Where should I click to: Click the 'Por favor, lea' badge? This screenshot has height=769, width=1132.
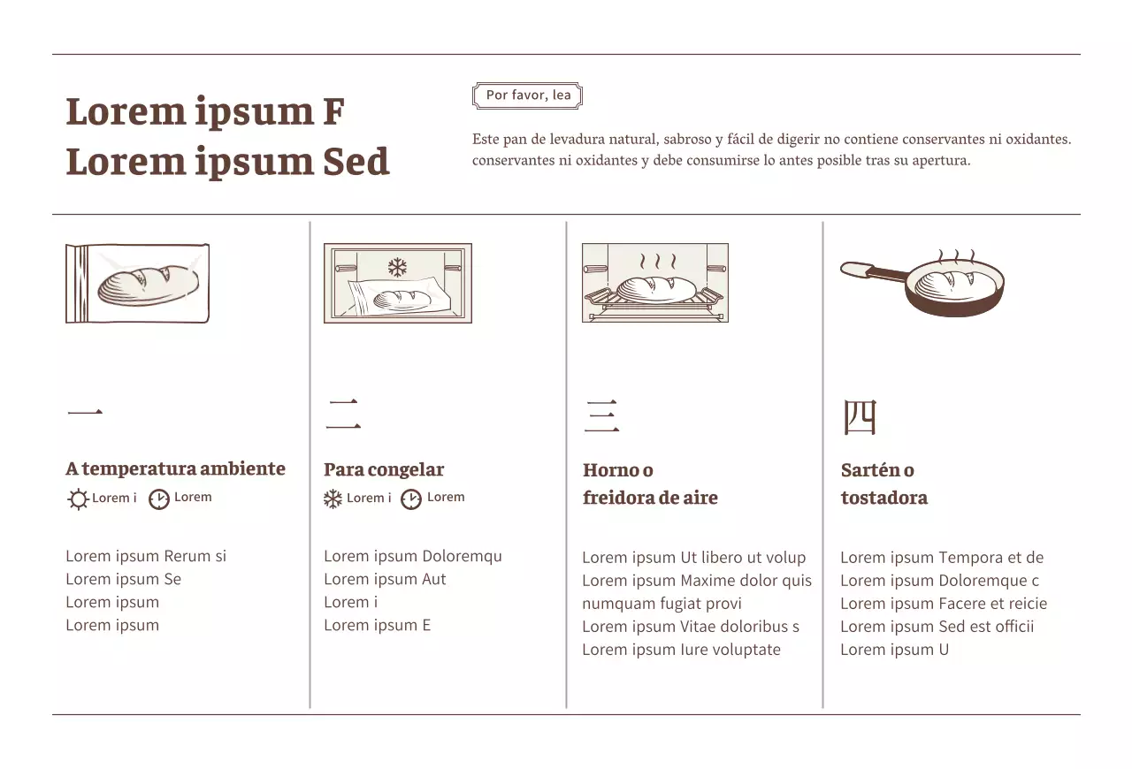tap(528, 95)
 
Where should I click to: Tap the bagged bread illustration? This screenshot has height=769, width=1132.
tap(138, 284)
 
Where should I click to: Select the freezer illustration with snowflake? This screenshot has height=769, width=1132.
tap(398, 284)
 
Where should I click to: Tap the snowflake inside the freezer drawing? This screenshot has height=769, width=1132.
tap(397, 266)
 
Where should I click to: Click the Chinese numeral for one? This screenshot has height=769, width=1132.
tap(85, 413)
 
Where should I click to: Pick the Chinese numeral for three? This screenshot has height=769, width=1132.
tap(601, 416)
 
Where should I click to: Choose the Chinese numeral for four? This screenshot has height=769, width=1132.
tap(859, 417)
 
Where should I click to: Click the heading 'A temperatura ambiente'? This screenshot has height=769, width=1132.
tap(175, 468)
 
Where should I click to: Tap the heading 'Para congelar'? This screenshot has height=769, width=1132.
tap(384, 469)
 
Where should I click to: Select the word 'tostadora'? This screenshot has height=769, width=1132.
tap(883, 498)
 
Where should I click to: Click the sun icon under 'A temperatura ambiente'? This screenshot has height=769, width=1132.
tap(78, 499)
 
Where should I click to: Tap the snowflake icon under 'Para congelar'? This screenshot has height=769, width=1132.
tap(333, 499)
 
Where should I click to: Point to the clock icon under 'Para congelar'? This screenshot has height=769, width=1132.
tap(411, 499)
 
